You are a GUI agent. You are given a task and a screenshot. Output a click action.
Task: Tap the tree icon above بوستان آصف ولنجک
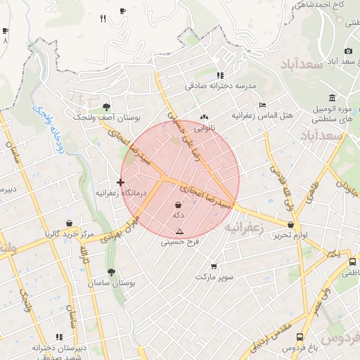(x=106, y=107)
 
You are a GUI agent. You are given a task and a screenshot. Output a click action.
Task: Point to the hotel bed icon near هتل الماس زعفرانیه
(x=262, y=104)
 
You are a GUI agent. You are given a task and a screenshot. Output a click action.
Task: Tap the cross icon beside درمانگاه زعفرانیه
(x=120, y=182)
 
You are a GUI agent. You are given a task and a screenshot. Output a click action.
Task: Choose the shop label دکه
(x=178, y=216)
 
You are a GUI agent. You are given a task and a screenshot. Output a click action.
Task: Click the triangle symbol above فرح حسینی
(x=180, y=231)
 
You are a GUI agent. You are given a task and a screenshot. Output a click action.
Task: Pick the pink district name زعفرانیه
(x=243, y=228)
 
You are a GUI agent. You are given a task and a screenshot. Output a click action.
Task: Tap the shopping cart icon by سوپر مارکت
(x=214, y=266)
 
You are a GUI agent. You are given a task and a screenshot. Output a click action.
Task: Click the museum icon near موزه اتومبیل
(x=332, y=97)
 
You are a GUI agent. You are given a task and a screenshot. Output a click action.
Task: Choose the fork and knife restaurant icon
(x=103, y=19)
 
